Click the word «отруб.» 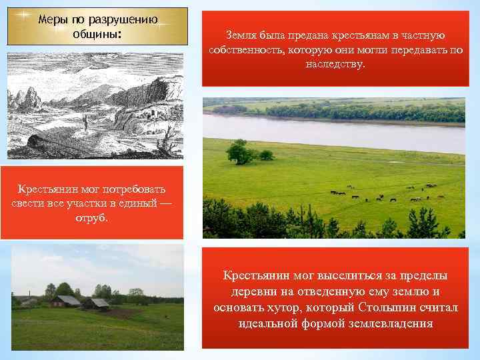(x=91, y=217)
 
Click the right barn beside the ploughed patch (x=97, y=303)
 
